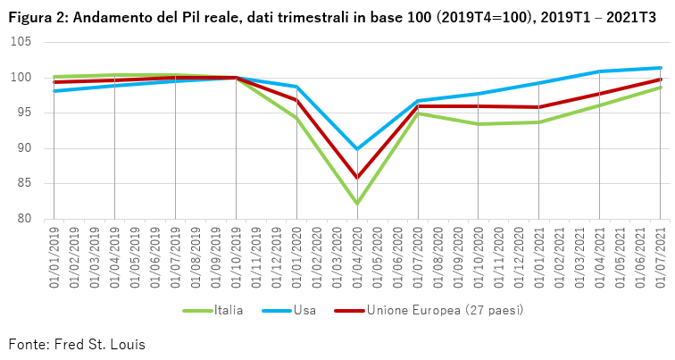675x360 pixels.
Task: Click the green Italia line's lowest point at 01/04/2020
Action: (357, 204)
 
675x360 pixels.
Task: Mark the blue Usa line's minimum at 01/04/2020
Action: (357, 149)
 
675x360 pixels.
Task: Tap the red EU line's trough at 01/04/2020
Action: (357, 178)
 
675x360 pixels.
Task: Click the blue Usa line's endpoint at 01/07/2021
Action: (660, 68)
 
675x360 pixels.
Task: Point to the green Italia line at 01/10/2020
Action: (479, 124)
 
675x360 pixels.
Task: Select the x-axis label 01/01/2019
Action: (53, 258)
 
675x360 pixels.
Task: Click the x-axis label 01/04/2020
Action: (357, 258)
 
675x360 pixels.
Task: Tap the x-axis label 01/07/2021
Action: (661, 258)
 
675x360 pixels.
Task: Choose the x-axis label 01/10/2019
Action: (236, 258)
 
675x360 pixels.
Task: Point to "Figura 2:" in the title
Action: (38, 16)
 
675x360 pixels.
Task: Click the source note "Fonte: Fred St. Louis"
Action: (76, 344)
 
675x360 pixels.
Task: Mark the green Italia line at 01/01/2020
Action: (296, 118)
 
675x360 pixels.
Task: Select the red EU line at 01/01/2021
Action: (539, 107)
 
